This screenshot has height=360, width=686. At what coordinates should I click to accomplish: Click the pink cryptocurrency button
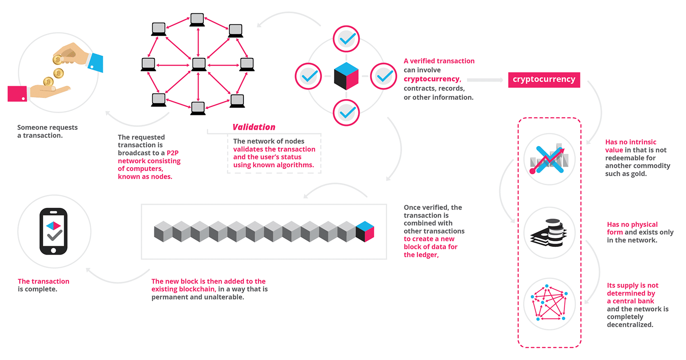544,80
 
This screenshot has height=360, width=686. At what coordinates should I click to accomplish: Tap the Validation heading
254,127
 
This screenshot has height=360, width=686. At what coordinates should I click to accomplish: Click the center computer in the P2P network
199,64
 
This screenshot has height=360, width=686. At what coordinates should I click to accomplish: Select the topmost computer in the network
197,19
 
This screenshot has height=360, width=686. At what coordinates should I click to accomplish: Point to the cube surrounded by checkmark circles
346,76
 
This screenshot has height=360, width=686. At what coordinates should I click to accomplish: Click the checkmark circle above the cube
346,39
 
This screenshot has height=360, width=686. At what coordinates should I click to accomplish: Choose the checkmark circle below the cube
346,113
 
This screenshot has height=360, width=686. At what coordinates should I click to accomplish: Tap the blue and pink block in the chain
365,231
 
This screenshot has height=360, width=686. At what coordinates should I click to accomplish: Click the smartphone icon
54,231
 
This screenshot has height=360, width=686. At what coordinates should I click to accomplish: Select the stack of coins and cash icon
549,233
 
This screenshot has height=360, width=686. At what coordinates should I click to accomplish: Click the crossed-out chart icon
549,159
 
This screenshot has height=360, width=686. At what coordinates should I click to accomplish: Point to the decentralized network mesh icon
549,303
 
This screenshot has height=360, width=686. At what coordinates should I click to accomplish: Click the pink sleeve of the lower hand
17,94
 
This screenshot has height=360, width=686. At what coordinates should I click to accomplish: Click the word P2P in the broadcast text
172,153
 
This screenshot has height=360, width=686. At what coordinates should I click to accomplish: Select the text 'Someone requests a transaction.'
47,131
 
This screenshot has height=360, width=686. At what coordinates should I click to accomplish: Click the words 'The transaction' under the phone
43,282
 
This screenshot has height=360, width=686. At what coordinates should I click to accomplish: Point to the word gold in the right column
638,174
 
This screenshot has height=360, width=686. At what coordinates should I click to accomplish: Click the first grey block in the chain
163,231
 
